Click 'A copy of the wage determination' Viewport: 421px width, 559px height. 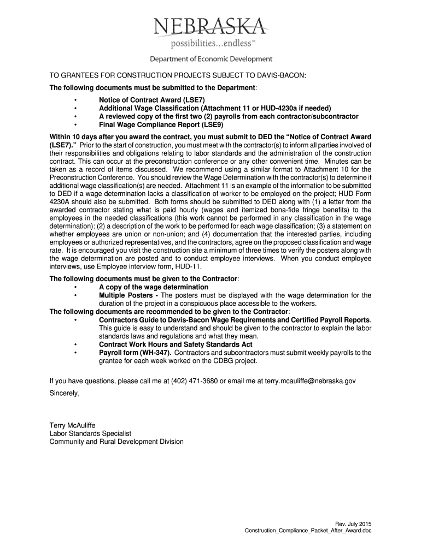(x=153, y=287)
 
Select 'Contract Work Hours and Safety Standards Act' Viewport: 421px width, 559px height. (x=176, y=344)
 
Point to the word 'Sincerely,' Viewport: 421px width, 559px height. (x=65, y=393)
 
